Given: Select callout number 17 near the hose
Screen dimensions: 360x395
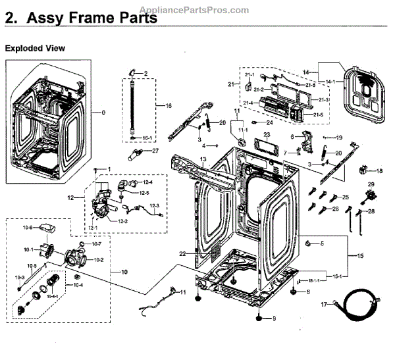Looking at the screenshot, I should click(x=323, y=305).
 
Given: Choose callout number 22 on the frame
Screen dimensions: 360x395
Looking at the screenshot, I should click(x=182, y=253).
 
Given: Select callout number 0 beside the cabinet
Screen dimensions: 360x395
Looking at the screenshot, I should click(x=103, y=113).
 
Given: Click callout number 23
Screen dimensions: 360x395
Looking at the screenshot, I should click(x=267, y=134).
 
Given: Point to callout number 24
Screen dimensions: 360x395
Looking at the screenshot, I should click(x=269, y=122).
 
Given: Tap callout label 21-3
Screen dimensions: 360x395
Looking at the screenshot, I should click(x=324, y=99).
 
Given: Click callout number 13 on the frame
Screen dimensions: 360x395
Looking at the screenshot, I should click(x=203, y=161).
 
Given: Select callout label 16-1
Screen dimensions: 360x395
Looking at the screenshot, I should click(x=147, y=138).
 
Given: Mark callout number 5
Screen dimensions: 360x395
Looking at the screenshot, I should click(x=322, y=244).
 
